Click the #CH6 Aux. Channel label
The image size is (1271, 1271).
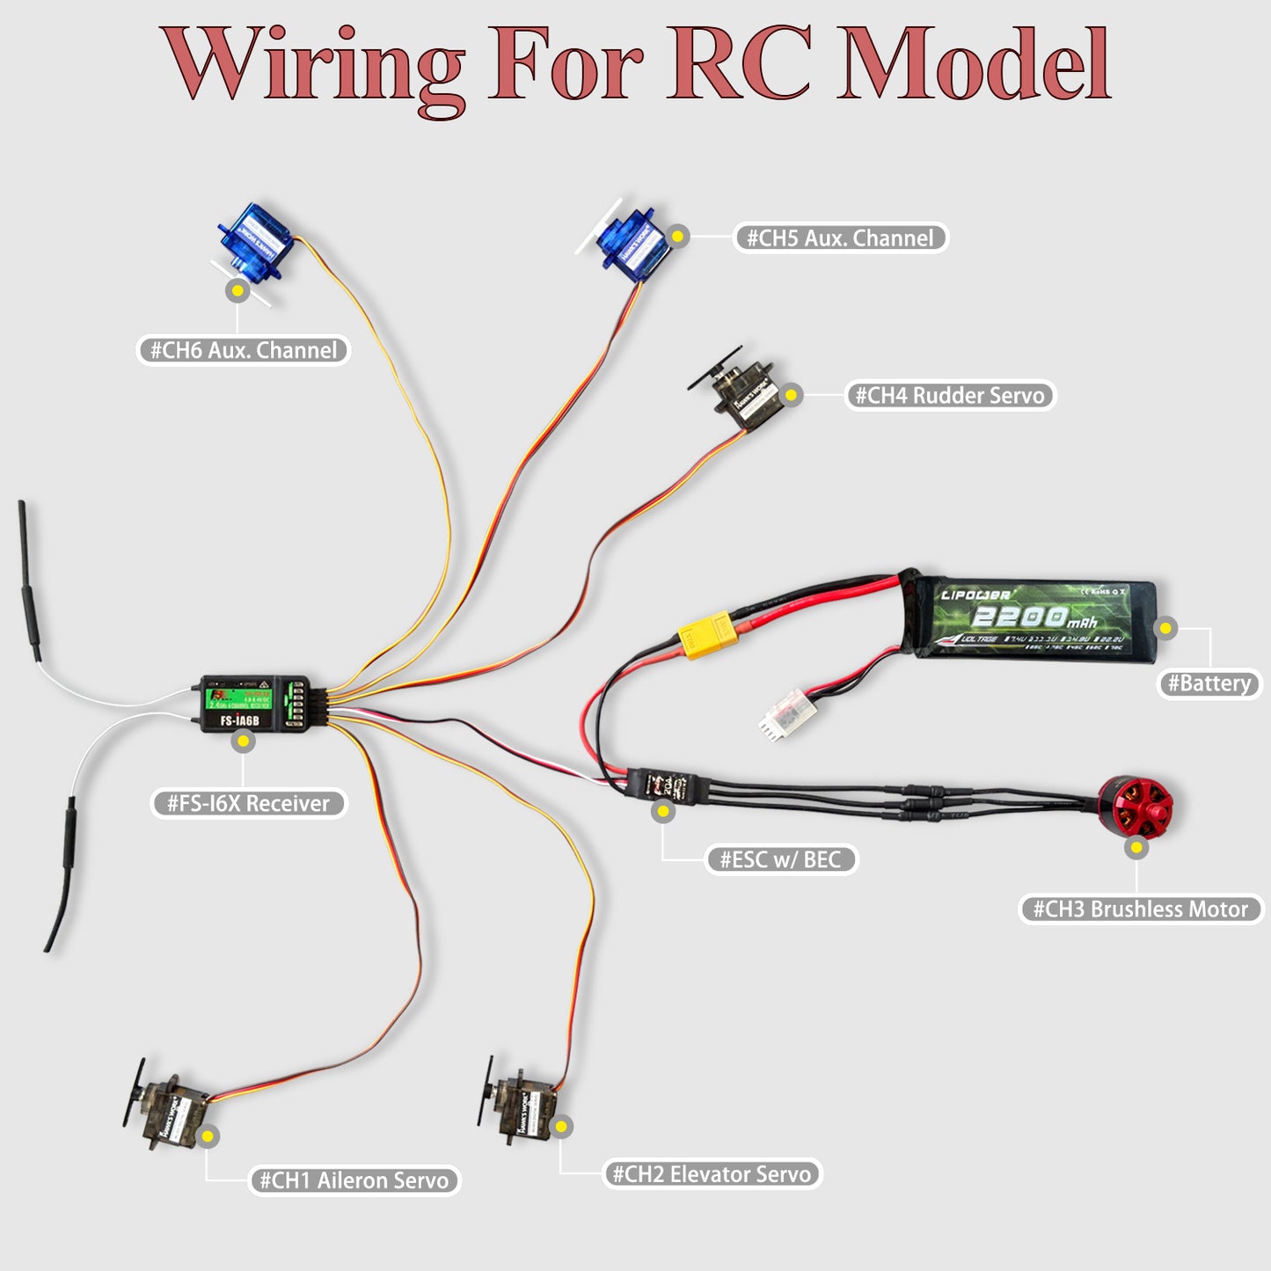[x=244, y=350]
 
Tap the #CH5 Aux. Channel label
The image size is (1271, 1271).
[x=840, y=237]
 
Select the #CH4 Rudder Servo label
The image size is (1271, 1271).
[x=950, y=395]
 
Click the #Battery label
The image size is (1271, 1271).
[x=1209, y=683]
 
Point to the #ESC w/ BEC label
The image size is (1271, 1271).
[x=780, y=859]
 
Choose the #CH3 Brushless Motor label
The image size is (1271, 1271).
[x=1141, y=909]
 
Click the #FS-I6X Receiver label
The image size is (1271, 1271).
[x=248, y=803]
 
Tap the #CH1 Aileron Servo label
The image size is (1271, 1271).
[x=354, y=1180]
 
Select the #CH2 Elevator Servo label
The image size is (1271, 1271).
[x=712, y=1174]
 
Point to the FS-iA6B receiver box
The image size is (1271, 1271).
[x=254, y=704]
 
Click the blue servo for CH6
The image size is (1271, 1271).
[x=254, y=241]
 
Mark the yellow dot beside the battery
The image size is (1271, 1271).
[x=1165, y=628]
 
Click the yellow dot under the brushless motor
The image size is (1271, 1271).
[x=1137, y=848]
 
